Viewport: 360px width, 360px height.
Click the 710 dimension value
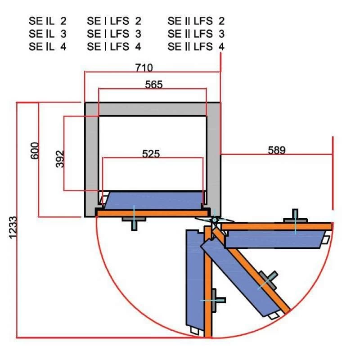click(x=144, y=68)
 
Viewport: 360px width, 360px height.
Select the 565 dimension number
click(x=154, y=85)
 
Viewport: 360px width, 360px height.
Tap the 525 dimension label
click(x=151, y=154)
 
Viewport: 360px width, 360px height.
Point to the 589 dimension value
click(x=277, y=150)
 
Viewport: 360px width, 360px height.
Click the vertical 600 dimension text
click(x=35, y=151)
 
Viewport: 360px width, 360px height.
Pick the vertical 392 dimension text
click(x=60, y=159)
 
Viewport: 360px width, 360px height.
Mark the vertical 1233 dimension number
click(x=13, y=228)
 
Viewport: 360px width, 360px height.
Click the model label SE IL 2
click(x=48, y=21)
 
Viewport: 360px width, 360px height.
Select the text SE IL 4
click(x=48, y=47)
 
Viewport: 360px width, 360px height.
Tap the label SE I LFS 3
click(x=114, y=34)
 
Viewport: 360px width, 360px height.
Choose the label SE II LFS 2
click(x=196, y=21)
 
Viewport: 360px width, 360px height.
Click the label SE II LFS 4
click(x=196, y=47)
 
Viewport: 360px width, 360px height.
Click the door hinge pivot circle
click(x=215, y=220)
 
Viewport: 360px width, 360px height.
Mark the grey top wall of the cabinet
click(x=153, y=109)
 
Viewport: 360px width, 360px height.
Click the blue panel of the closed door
click(x=153, y=200)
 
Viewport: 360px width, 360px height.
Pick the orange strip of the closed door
click(x=153, y=213)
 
